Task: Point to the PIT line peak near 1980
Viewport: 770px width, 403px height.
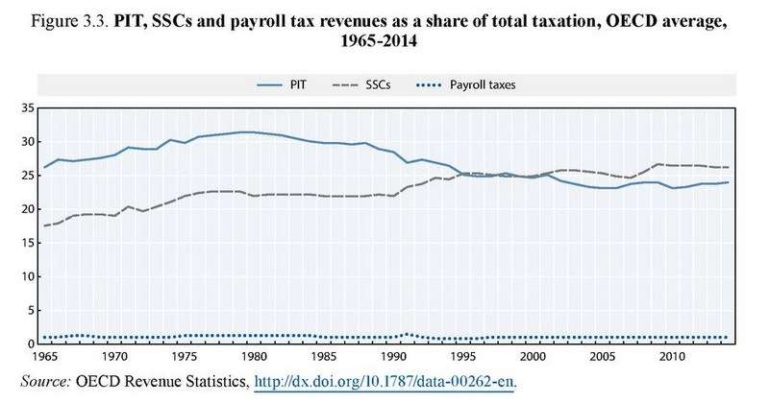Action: (248, 131)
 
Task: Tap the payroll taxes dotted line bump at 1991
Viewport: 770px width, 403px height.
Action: (406, 334)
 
